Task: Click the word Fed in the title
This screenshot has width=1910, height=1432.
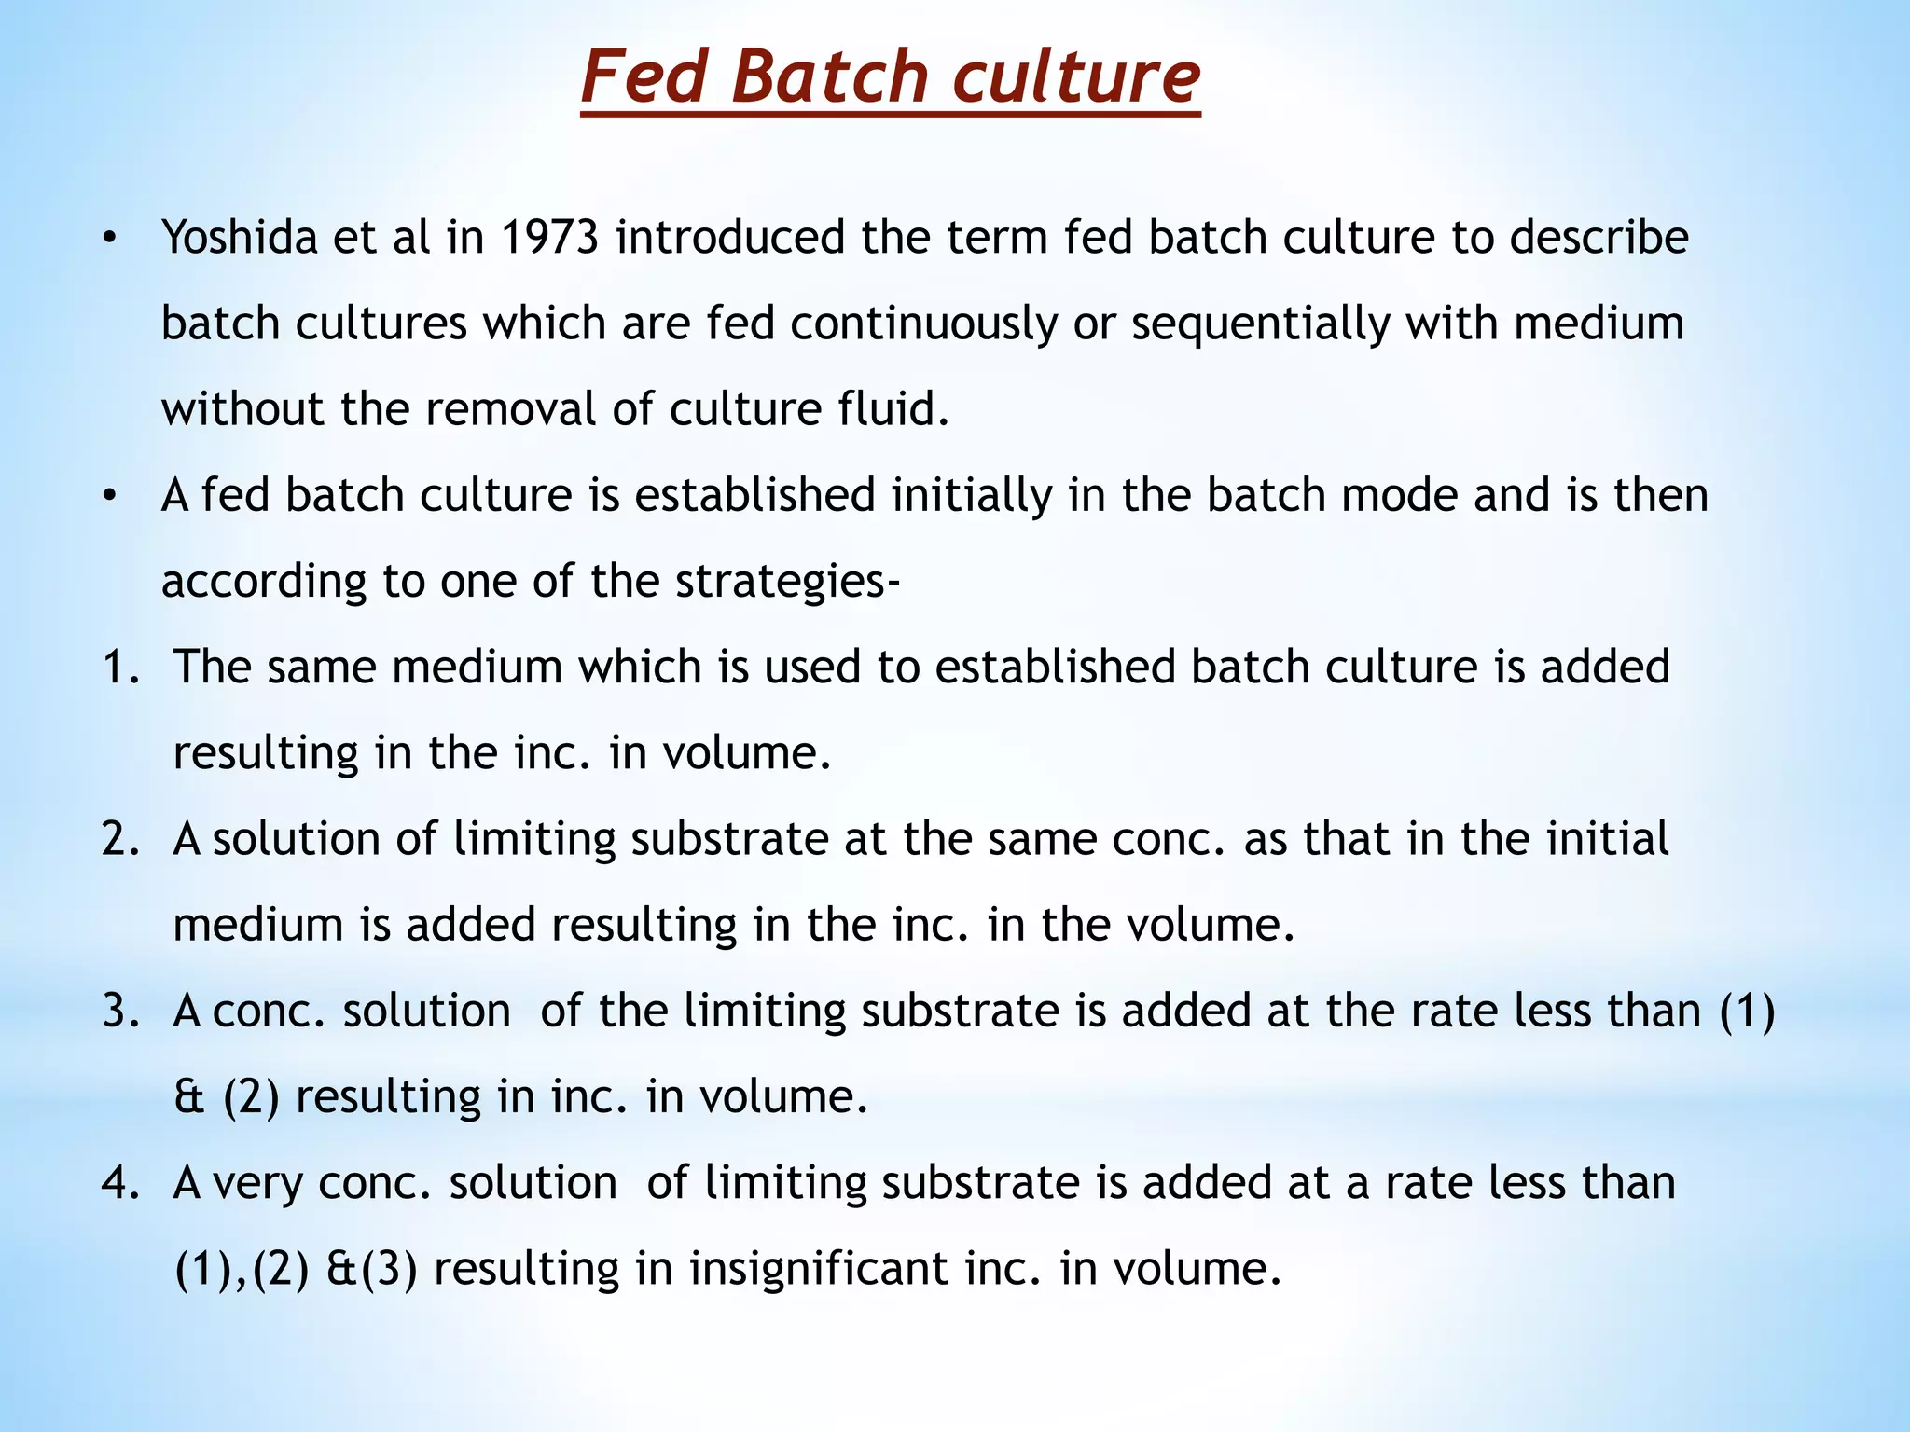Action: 647,77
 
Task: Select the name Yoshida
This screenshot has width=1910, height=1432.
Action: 240,238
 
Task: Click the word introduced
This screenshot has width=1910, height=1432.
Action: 729,238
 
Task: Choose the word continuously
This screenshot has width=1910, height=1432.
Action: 923,324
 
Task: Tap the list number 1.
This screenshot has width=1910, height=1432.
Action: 119,668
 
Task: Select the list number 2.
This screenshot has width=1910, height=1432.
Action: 119,839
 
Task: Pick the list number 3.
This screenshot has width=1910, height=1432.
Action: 119,1012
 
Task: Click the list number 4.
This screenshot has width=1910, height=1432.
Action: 119,1183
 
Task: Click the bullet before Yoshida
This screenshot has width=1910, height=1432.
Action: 110,240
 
